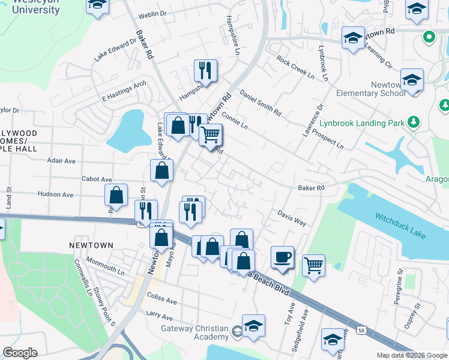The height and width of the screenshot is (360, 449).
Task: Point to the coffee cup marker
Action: tap(282, 257)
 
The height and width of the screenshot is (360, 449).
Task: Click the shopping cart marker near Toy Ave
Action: tap(313, 265)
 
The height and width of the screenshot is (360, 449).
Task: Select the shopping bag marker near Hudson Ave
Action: tap(116, 194)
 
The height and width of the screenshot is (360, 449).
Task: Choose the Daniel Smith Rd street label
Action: tap(260, 103)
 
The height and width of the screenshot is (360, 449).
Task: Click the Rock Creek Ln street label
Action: tap(295, 68)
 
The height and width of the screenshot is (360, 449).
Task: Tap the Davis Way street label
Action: tap(292, 218)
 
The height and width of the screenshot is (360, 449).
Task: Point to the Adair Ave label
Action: tap(61, 161)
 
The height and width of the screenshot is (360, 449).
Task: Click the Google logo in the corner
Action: tap(20, 353)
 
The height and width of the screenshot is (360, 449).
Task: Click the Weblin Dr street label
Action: tap(152, 13)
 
